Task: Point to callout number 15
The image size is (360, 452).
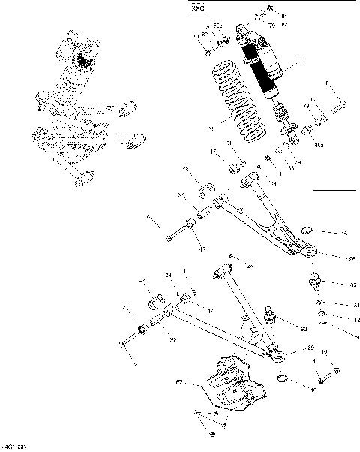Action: (344, 234)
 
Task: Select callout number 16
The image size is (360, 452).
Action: (313, 390)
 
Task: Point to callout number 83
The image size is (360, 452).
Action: (304, 329)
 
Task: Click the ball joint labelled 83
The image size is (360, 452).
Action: (273, 320)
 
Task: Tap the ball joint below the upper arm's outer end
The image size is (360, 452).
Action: (316, 282)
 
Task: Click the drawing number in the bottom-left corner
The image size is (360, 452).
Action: (13, 447)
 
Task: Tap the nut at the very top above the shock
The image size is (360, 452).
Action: (269, 9)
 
